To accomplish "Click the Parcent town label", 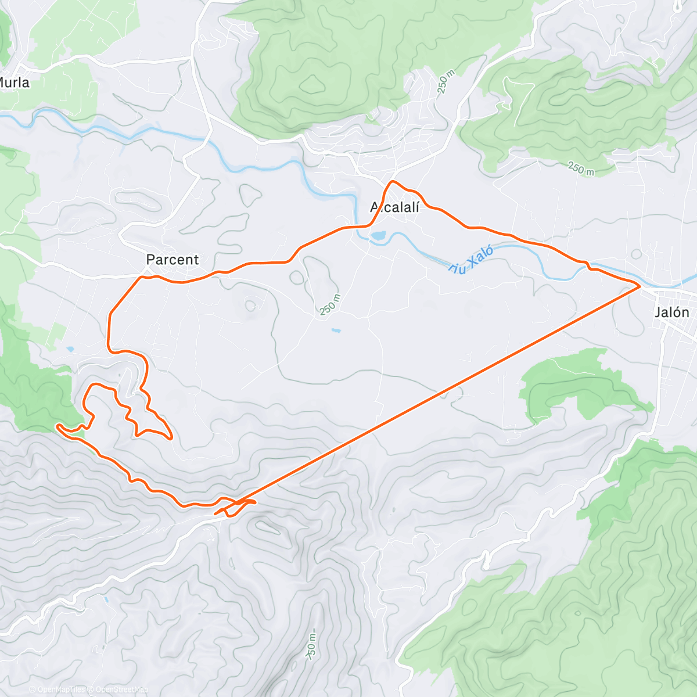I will (172, 260).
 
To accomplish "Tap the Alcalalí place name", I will (394, 207).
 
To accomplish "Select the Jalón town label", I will (671, 312).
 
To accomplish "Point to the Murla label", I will (14, 82).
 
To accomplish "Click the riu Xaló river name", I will (471, 260).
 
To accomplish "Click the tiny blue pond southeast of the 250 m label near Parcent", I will (336, 330).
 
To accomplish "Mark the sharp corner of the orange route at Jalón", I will (640, 285).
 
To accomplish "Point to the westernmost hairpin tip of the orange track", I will (57, 426).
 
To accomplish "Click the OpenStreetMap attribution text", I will (122, 689).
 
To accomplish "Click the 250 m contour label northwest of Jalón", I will (581, 169).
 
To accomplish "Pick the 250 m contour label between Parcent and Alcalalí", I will (329, 304).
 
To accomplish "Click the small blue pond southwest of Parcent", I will (70, 349).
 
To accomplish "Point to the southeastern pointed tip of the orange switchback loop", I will (171, 439).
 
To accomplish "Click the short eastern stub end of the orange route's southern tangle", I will (254, 501).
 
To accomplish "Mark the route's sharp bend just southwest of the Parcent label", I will (140, 277).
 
